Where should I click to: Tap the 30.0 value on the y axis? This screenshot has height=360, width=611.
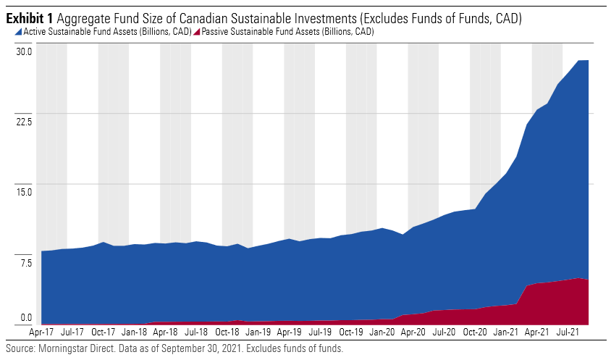point(25,51)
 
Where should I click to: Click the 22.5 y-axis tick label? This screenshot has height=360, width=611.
point(25,121)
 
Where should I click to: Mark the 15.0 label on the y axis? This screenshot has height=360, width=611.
point(25,191)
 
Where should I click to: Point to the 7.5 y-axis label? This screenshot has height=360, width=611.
point(27,261)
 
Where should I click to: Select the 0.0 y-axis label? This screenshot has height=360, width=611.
point(27,318)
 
